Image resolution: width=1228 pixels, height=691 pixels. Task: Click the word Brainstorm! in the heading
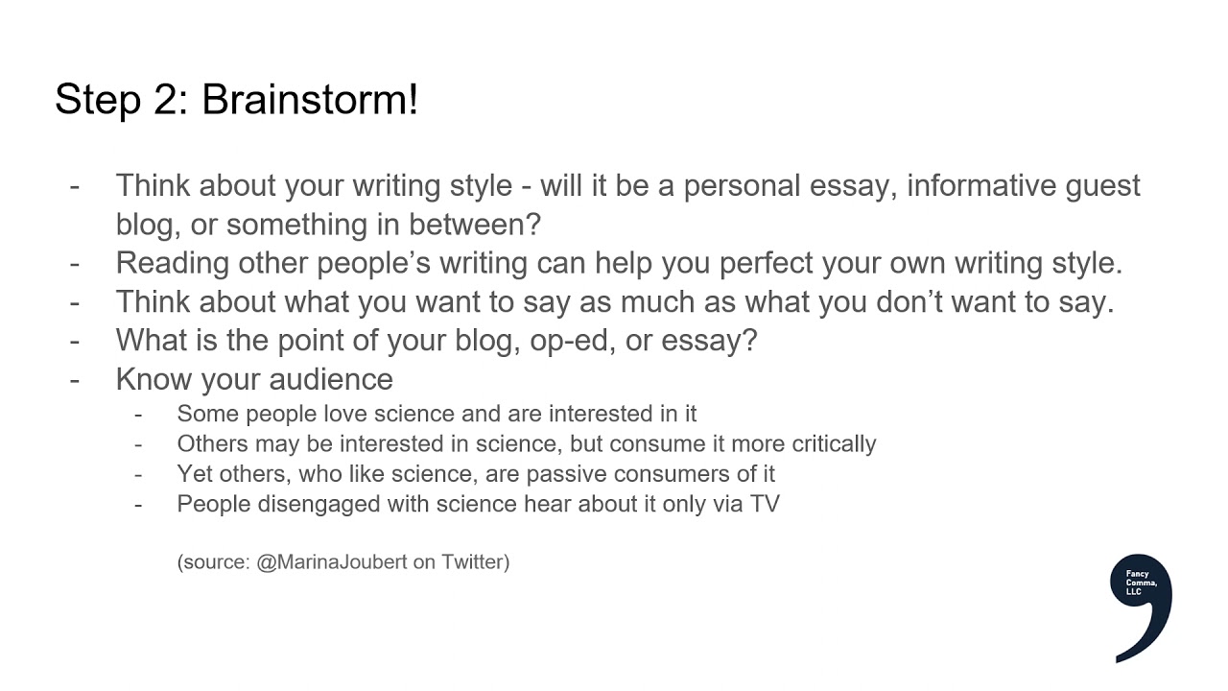(310, 100)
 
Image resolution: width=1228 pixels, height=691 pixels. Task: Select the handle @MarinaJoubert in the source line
(331, 562)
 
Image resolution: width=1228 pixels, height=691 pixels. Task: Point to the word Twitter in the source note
(475, 562)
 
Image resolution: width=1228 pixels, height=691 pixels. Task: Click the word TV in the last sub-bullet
(765, 503)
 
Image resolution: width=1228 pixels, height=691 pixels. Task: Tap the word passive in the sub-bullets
(566, 473)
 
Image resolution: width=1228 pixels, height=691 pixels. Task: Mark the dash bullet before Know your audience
(75, 378)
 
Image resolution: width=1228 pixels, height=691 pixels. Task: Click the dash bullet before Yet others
(139, 473)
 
